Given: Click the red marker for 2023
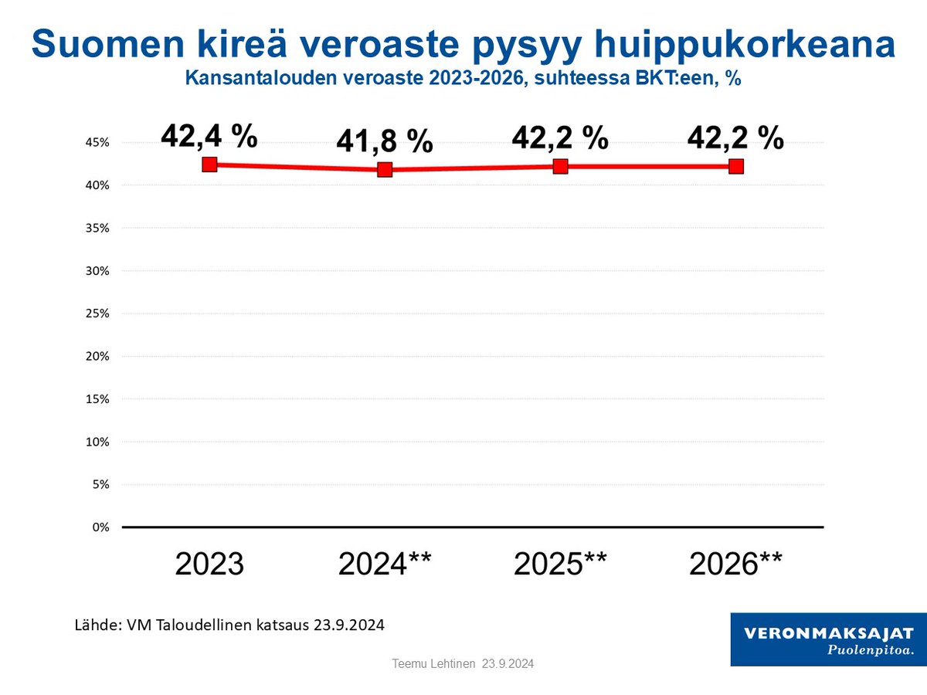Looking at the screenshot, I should coord(209,164).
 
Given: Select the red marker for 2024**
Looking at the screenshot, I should coord(385,169).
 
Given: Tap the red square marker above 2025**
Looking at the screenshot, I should coord(561,166).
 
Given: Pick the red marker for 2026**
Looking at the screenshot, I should coord(736,166).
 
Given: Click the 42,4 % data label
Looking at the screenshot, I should coord(209,136).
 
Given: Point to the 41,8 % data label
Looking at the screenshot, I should coord(385,141).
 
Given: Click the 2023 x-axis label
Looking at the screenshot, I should coord(209,564).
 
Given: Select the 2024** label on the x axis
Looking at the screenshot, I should coord(385,564).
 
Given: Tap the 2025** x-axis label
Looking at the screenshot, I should coord(561,564).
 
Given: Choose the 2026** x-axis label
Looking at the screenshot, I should coord(736,564).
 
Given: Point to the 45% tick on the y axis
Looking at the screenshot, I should coord(100,143).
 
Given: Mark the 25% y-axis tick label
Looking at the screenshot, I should coord(100,314).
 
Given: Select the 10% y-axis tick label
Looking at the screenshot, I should coord(100,442).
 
